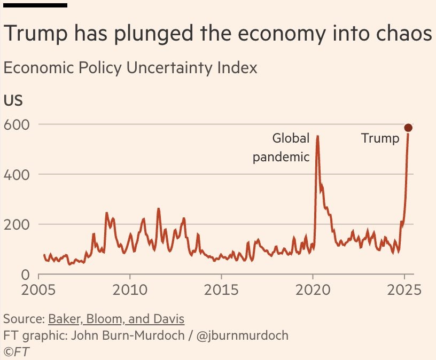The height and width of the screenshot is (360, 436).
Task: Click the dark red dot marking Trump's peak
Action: (408, 128)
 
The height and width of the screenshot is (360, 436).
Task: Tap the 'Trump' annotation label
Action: (380, 139)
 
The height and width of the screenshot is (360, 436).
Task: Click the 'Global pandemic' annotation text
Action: (282, 148)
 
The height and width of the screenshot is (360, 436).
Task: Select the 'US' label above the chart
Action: (13, 101)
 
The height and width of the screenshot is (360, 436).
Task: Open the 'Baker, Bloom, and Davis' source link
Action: (116, 319)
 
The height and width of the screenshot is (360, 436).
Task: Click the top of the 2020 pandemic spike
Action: (318, 137)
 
